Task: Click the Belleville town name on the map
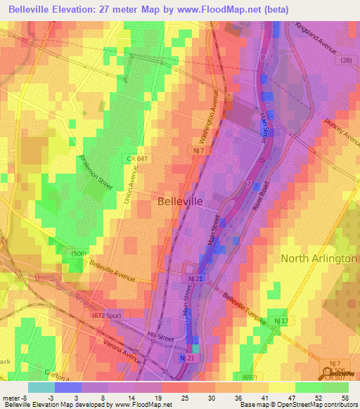click(179, 201)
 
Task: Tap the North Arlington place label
click(319, 259)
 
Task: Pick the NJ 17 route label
click(281, 321)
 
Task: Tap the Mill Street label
click(160, 335)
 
